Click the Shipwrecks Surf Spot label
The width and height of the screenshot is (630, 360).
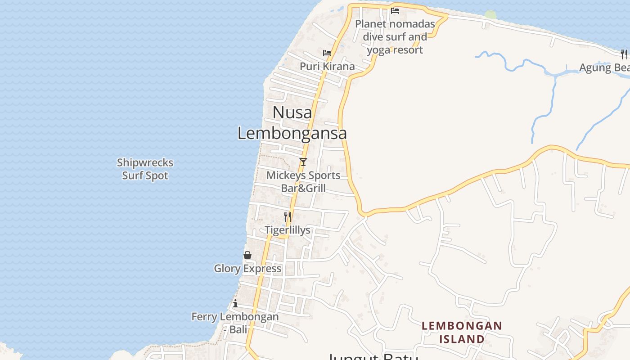click(x=145, y=169)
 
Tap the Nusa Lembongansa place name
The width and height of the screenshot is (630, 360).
click(x=292, y=122)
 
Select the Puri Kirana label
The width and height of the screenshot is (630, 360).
click(x=327, y=67)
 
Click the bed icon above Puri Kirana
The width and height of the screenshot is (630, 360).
click(x=327, y=53)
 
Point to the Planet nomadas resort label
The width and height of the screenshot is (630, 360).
click(x=395, y=37)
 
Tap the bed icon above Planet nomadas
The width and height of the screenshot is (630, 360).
click(x=395, y=11)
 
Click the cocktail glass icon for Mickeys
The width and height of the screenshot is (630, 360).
click(x=303, y=162)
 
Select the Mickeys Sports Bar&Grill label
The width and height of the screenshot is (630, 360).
click(x=303, y=181)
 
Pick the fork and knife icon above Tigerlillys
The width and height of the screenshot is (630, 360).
click(x=288, y=217)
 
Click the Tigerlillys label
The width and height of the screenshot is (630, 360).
click(x=288, y=230)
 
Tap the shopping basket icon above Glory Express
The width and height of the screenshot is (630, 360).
click(x=247, y=255)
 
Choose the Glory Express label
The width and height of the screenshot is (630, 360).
click(x=247, y=269)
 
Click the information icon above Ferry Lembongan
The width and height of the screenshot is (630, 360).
click(x=235, y=304)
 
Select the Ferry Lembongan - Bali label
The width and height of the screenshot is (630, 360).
click(x=235, y=323)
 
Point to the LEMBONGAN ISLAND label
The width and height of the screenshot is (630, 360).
click(x=462, y=332)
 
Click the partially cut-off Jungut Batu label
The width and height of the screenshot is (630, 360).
click(x=373, y=357)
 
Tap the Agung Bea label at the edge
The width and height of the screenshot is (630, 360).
click(x=604, y=68)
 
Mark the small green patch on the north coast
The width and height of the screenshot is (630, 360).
click(x=490, y=15)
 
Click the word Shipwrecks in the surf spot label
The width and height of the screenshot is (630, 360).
click(x=145, y=162)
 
